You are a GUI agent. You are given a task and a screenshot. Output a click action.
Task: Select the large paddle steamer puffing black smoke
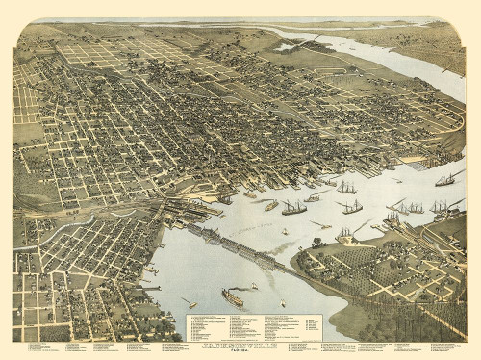(x=232, y=298)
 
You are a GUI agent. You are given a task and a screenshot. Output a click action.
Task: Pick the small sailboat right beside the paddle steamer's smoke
(x=256, y=286)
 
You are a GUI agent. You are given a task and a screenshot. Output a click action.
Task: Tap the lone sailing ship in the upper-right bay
(x=444, y=179)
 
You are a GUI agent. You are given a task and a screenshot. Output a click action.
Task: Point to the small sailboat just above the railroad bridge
(x=285, y=231)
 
